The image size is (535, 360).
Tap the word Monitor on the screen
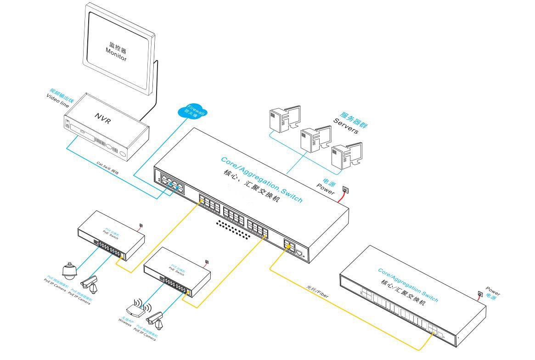[116, 55]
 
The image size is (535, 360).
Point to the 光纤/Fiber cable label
[318, 292]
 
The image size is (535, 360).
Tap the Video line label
[57, 100]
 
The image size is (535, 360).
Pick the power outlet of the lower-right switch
[480, 294]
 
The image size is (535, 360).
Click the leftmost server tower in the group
[281, 120]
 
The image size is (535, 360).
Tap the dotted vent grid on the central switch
[237, 229]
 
